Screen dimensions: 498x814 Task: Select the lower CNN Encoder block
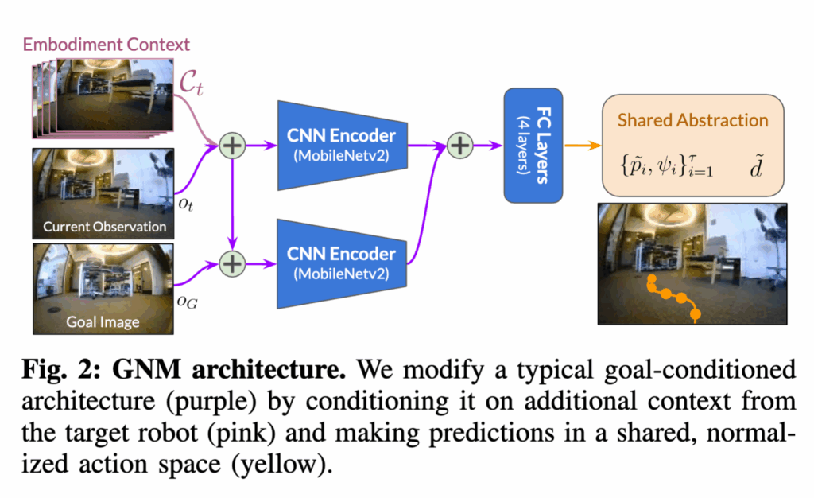tap(342, 261)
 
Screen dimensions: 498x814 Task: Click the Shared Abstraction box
tap(692, 146)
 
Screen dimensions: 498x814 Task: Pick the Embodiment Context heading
tap(106, 43)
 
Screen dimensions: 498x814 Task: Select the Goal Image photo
tap(103, 288)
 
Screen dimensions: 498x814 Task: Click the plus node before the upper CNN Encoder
tap(233, 146)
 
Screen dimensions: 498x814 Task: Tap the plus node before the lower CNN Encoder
tap(233, 261)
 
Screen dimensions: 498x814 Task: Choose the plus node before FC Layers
tap(460, 146)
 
